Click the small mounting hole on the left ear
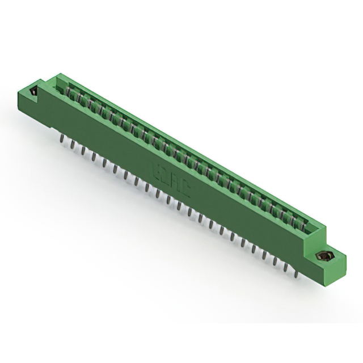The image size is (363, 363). click(x=33, y=91)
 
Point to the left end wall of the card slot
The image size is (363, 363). click(x=60, y=84)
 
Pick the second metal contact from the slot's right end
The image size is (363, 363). click(x=293, y=217)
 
